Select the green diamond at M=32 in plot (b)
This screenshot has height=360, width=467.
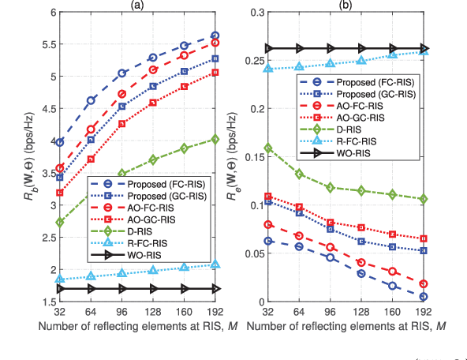[x=269, y=148]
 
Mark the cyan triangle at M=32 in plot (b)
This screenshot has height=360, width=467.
[x=269, y=69]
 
